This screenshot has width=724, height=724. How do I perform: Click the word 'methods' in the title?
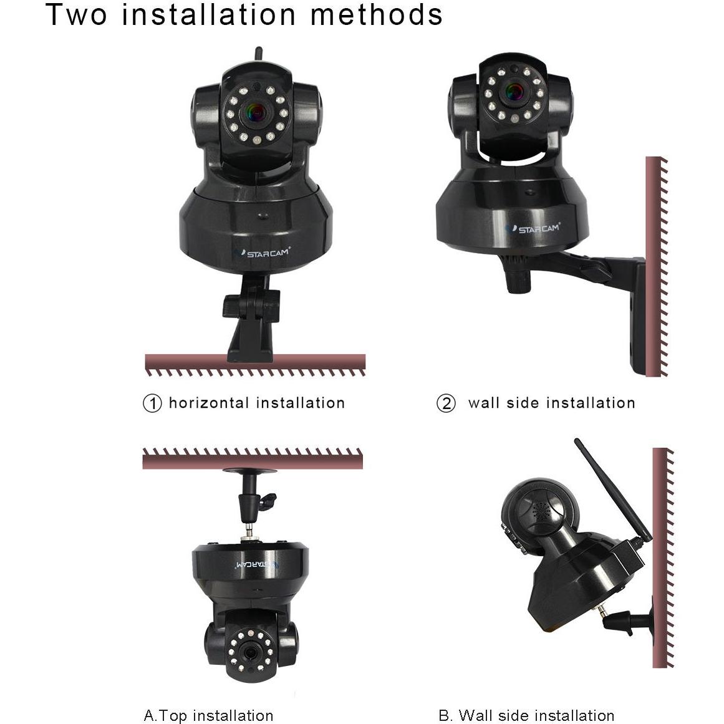coord(377,15)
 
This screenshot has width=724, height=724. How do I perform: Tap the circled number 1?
coord(152,403)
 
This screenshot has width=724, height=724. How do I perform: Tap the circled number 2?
coord(446,403)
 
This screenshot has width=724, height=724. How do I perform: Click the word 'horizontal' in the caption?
coord(209,403)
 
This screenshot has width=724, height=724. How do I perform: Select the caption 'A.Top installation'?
coord(208,715)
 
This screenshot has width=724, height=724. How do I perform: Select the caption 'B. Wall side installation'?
coord(526,715)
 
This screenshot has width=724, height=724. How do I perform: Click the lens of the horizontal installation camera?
coord(257,113)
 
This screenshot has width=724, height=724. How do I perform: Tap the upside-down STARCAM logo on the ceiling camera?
coord(254,564)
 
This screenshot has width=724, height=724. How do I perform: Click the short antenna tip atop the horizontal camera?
coord(256,54)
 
